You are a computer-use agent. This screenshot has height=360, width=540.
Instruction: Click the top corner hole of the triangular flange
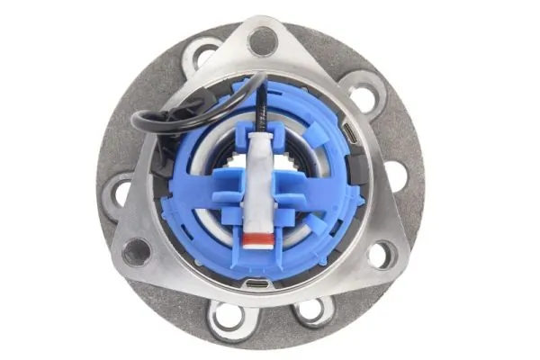(x=262, y=40)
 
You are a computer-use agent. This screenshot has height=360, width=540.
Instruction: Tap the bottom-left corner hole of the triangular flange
(x=136, y=251)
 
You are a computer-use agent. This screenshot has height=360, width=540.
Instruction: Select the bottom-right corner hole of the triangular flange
(x=380, y=255)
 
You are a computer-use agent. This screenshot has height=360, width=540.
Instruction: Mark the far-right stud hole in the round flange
(x=396, y=176)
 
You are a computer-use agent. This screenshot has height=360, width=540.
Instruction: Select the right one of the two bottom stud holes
(x=311, y=310)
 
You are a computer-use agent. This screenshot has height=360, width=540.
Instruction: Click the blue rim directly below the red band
(x=258, y=261)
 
